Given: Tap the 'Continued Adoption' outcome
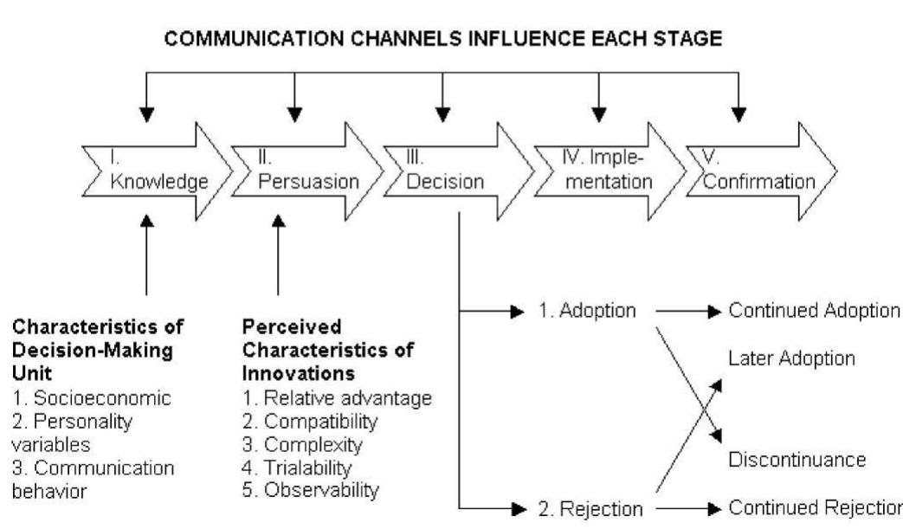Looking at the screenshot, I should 813,309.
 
